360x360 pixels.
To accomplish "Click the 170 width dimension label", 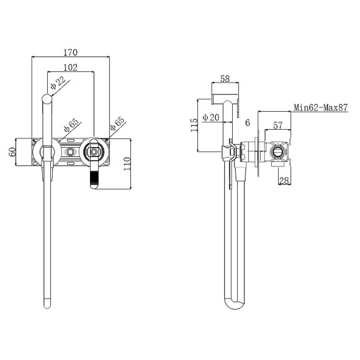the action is click(x=71, y=53).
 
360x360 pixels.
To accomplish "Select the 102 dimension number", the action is click(x=71, y=68).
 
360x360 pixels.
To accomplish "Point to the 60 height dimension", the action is click(x=12, y=152).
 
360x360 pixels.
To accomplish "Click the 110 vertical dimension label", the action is click(x=127, y=164).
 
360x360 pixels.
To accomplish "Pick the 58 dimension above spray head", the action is click(x=225, y=79).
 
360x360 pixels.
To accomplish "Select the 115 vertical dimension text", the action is click(x=194, y=125).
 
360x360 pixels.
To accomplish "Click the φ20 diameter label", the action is click(x=211, y=117).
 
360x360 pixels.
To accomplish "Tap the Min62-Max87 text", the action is click(x=321, y=107).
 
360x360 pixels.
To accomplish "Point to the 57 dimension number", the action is click(x=278, y=125).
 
